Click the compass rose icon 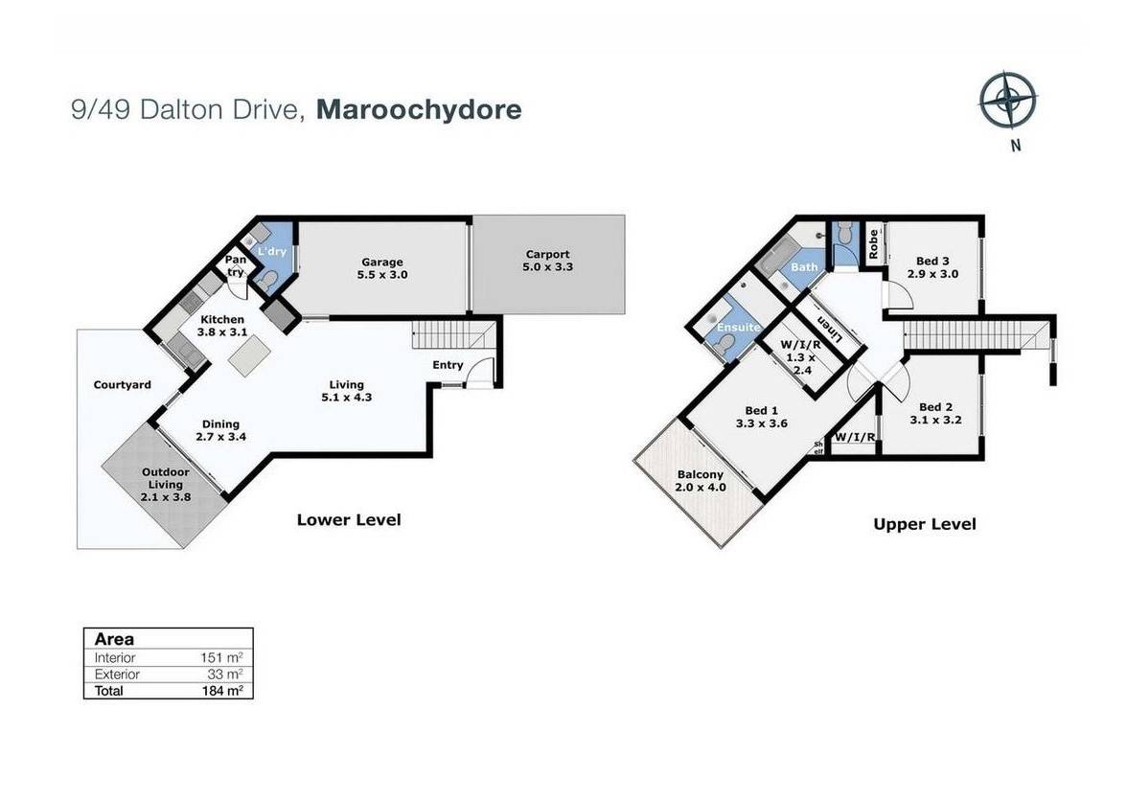tap(1008, 100)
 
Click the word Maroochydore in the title tap(419, 109)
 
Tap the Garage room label tap(381, 268)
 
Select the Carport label tap(548, 261)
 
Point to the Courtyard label tap(123, 384)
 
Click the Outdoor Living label tap(165, 484)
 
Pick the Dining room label tap(220, 430)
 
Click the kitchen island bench tap(249, 355)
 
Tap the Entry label tap(447, 365)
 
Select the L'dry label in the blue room tap(272, 252)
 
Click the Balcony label tap(700, 481)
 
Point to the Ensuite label tap(738, 327)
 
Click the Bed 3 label tap(932, 267)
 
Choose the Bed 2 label tap(935, 413)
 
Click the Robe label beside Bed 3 tap(873, 243)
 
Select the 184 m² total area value tap(222, 691)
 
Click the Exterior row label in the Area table tap(117, 674)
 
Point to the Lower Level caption tap(349, 519)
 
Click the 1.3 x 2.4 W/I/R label tap(801, 357)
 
